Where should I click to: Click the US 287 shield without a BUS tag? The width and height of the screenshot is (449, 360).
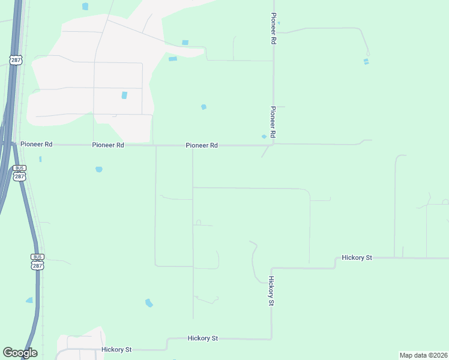click(x=15, y=59)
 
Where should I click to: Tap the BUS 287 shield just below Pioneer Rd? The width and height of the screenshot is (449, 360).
click(x=20, y=173)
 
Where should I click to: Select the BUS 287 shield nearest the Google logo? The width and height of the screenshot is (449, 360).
click(x=38, y=262)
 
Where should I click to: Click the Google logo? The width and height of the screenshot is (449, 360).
click(x=20, y=353)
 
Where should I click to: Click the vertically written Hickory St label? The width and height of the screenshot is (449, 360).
click(x=271, y=291)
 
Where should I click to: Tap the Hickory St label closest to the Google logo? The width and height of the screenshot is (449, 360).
click(x=116, y=349)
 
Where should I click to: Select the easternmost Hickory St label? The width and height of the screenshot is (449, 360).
click(x=357, y=257)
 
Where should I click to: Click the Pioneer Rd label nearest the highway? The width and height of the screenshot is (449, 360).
click(x=37, y=145)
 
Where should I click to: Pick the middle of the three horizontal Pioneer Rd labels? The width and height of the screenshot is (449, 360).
click(x=108, y=145)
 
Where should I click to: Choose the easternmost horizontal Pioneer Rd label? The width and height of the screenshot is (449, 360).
click(x=202, y=145)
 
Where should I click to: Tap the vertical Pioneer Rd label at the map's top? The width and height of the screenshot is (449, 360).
click(x=274, y=28)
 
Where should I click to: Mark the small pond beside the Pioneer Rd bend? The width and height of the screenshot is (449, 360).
click(x=264, y=136)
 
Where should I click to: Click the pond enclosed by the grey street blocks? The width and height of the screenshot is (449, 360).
click(x=124, y=95)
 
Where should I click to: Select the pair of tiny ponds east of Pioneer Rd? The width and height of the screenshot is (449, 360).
click(x=366, y=61)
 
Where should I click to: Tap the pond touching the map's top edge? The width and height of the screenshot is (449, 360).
click(x=85, y=6)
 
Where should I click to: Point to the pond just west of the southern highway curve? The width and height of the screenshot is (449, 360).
click(x=29, y=300)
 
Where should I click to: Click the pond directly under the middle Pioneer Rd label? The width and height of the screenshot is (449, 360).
click(x=98, y=169)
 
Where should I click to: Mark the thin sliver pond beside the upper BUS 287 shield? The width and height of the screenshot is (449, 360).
click(x=40, y=159)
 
